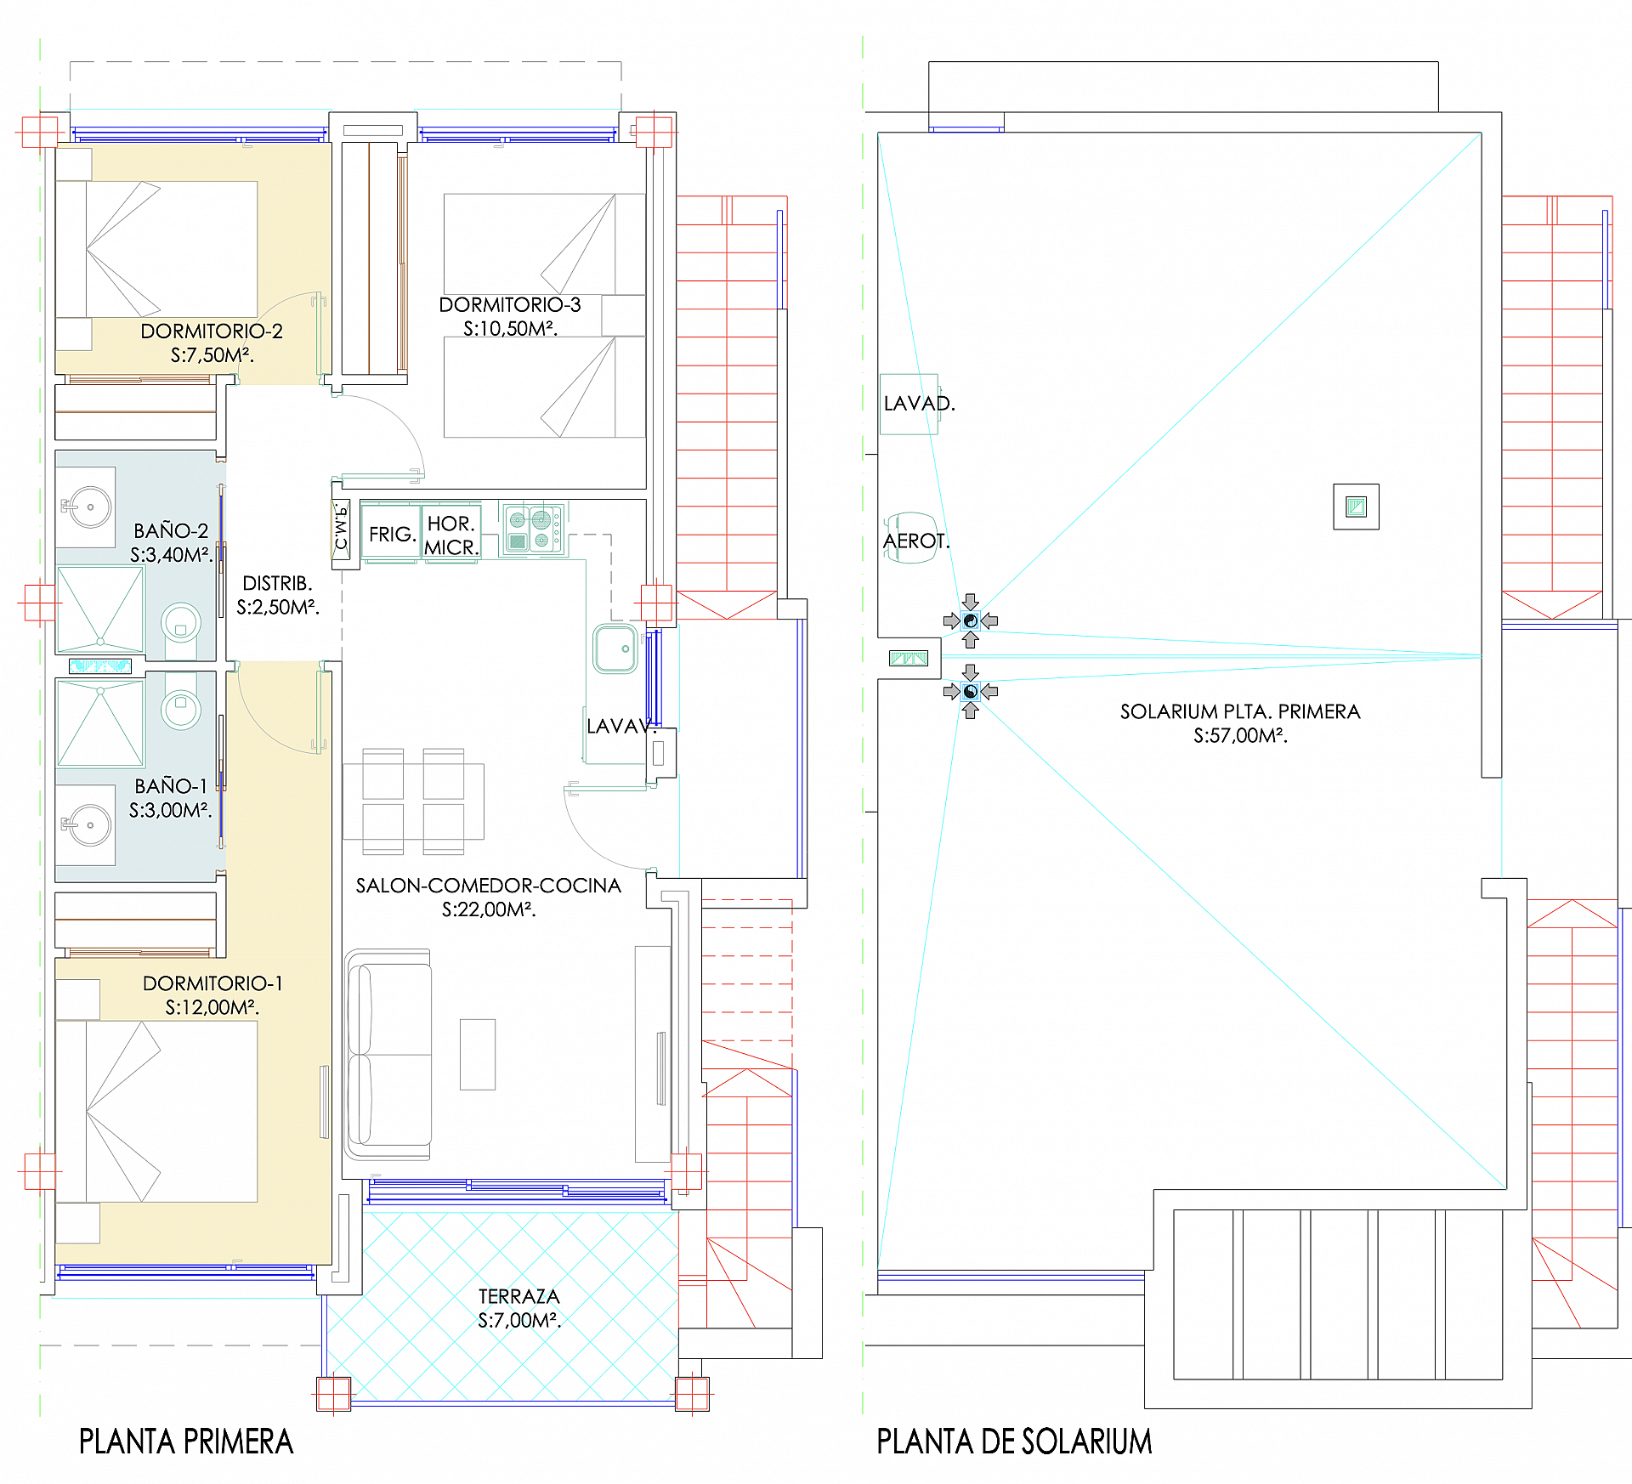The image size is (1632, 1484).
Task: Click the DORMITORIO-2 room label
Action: click(211, 331)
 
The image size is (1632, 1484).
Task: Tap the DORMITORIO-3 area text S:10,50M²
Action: click(510, 329)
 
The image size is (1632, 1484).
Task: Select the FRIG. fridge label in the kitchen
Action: click(392, 535)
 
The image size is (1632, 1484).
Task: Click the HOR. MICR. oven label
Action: click(451, 535)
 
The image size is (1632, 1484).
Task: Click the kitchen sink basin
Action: click(615, 649)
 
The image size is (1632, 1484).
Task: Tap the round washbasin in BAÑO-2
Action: click(89, 507)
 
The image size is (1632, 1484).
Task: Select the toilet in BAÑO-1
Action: click(180, 705)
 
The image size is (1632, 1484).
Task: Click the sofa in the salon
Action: click(388, 1054)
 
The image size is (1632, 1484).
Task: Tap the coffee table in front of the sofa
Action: click(478, 1054)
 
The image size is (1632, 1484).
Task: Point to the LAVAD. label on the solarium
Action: click(918, 404)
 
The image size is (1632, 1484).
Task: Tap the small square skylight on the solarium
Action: click(1356, 507)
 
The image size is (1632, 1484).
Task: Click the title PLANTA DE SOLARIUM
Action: click(1014, 1442)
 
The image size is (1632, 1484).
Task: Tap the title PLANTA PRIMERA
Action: click(186, 1442)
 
